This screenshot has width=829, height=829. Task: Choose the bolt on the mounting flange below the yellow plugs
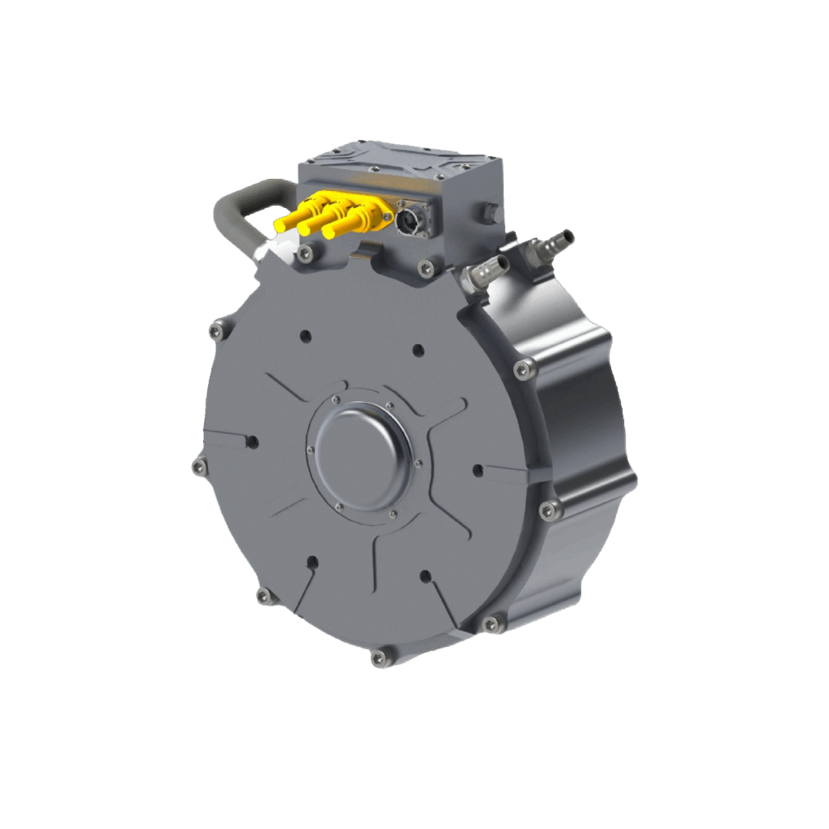pos(304,254)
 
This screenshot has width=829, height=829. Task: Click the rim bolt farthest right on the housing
pos(550,508)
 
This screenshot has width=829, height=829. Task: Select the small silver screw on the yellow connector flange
pos(388,217)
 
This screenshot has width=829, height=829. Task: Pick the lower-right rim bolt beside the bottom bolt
pos(492,623)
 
